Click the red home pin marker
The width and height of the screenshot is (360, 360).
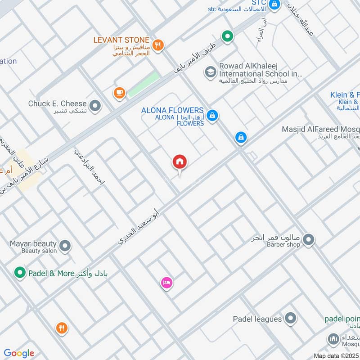point(180,162)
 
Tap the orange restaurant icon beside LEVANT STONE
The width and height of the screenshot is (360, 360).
point(157,44)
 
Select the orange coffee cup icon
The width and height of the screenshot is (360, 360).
point(119,93)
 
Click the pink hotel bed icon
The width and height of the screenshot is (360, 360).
point(166,283)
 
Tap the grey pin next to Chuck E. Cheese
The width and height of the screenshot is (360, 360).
point(95,106)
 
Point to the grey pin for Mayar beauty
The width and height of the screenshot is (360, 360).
point(65,246)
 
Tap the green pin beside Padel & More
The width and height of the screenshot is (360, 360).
point(19,273)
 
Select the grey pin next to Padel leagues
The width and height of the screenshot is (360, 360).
point(291,319)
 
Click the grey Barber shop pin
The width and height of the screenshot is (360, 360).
point(308,240)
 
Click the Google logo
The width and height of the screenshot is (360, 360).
point(19,353)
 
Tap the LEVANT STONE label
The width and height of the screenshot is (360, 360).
point(121,40)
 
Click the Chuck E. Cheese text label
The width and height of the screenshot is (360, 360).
point(57,104)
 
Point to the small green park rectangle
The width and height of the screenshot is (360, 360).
point(144,84)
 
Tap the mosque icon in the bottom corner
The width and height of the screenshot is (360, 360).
point(333,339)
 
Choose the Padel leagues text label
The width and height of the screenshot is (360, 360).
point(257,319)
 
